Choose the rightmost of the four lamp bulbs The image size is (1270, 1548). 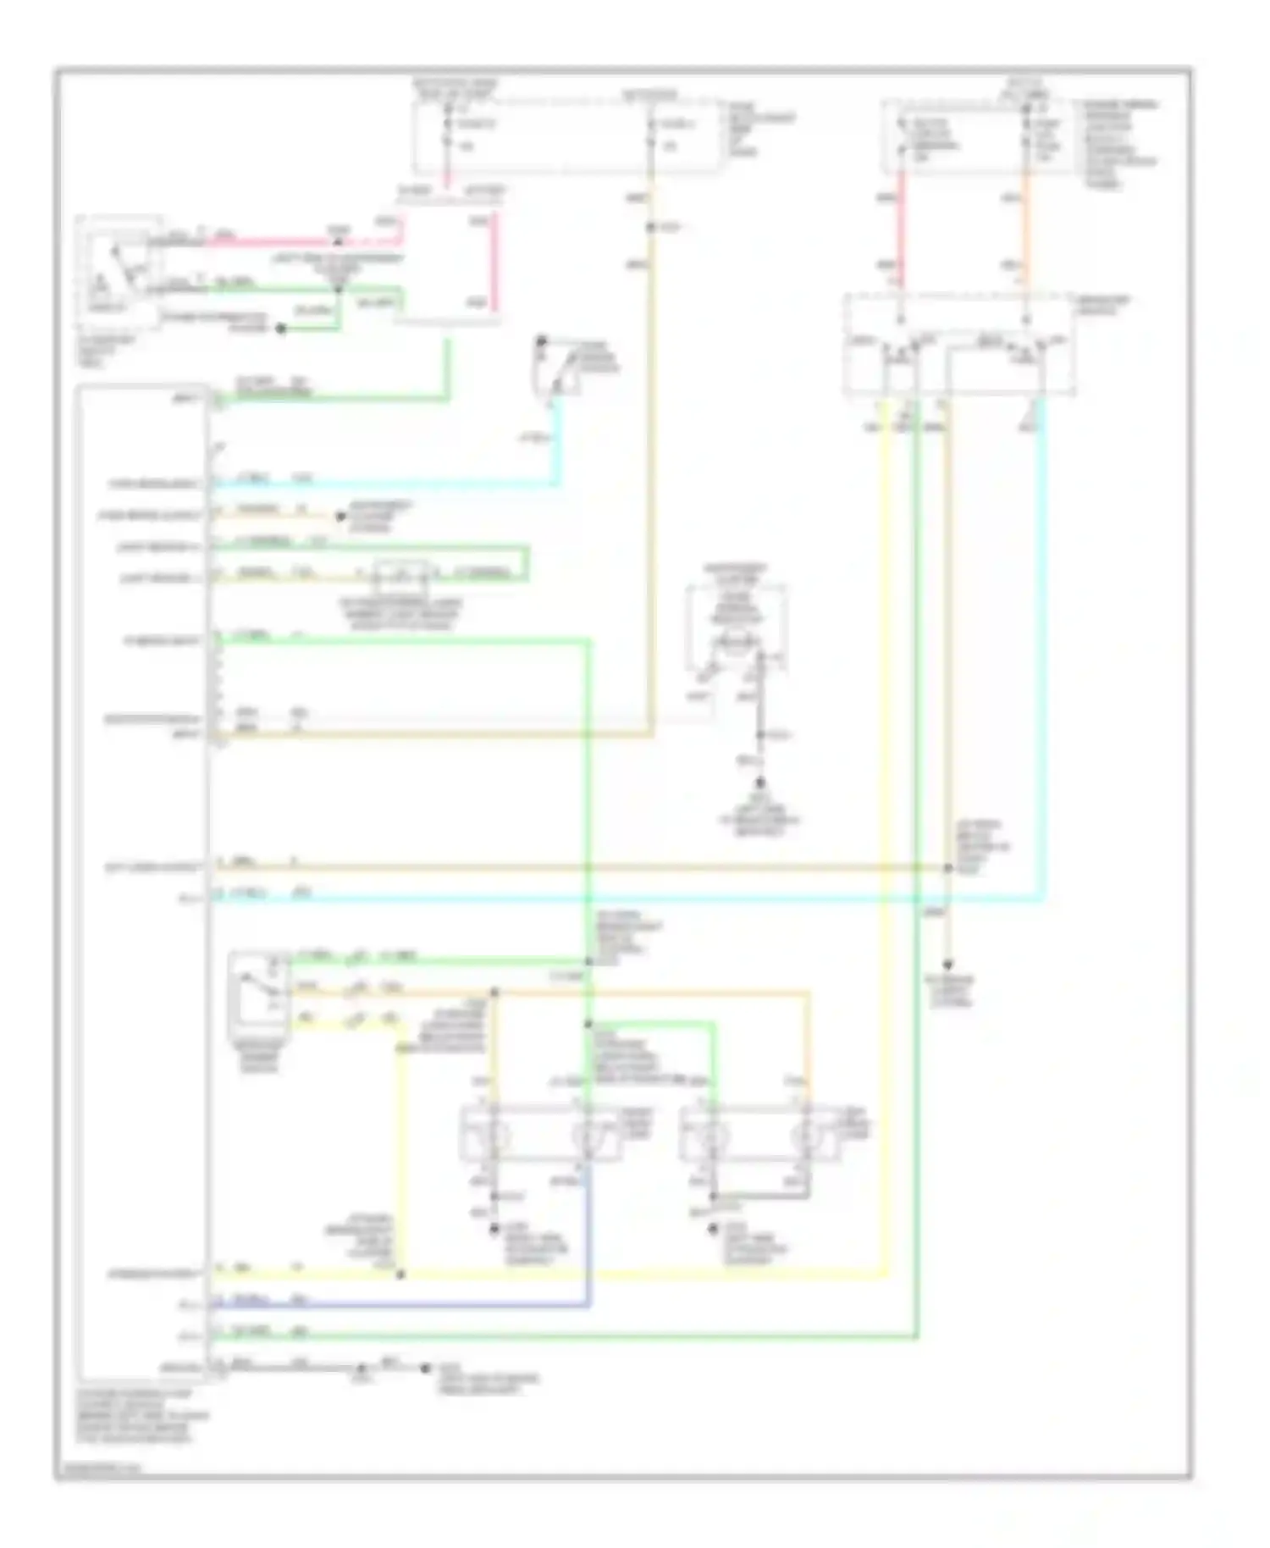805,1135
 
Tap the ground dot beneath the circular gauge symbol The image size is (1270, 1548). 760,784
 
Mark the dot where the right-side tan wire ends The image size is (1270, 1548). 947,965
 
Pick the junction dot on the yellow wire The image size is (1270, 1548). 400,1274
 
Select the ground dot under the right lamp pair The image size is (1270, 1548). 714,1227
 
